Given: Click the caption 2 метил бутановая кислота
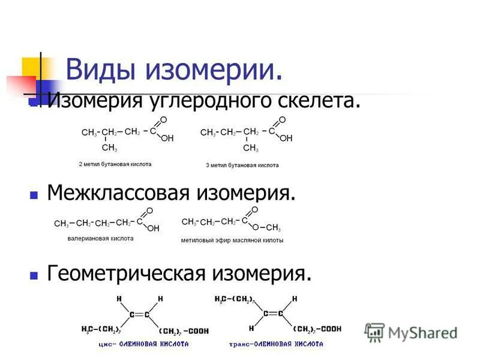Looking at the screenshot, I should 115,164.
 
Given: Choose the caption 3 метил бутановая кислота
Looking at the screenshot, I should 242,164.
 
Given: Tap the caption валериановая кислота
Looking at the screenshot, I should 100,238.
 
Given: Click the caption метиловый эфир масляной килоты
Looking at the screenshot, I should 232,241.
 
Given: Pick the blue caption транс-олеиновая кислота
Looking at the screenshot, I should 276,344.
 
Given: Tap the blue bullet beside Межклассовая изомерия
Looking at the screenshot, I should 34,195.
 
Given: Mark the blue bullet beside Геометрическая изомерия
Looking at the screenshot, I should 34,275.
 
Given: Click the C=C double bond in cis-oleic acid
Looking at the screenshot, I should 139,314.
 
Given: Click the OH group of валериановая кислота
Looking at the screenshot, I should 154,229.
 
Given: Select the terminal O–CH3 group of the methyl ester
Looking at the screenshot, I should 267,228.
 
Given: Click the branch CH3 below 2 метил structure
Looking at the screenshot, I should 109,148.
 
